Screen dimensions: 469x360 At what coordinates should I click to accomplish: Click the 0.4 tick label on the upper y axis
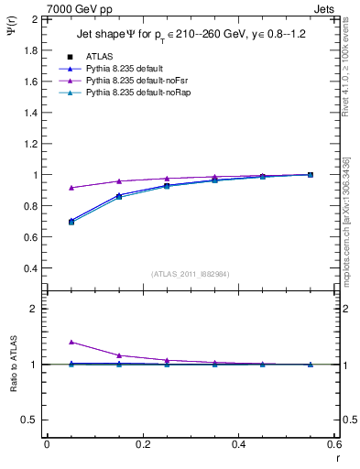tap(32, 268)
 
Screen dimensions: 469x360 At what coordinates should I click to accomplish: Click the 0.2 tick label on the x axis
tap(143, 443)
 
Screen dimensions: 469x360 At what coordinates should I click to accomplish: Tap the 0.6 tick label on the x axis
tap(334, 443)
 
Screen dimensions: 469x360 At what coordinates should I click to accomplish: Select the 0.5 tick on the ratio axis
tap(32, 420)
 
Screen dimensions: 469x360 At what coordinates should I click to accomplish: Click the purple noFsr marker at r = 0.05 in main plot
tap(71, 188)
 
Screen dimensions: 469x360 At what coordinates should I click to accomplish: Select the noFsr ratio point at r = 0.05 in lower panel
tap(71, 343)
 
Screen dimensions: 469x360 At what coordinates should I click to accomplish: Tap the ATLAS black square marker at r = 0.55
tap(311, 175)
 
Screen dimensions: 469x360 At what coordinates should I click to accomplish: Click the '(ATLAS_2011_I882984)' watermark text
tap(191, 274)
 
